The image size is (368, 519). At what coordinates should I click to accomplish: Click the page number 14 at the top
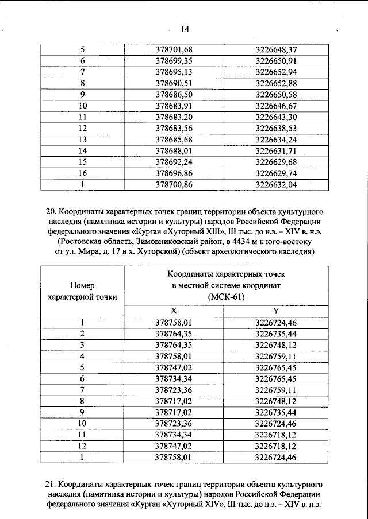pyautogui.click(x=185, y=29)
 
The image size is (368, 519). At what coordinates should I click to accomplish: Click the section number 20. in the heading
pyautogui.click(x=52, y=211)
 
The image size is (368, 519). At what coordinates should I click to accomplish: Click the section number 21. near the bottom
pyautogui.click(x=52, y=484)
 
